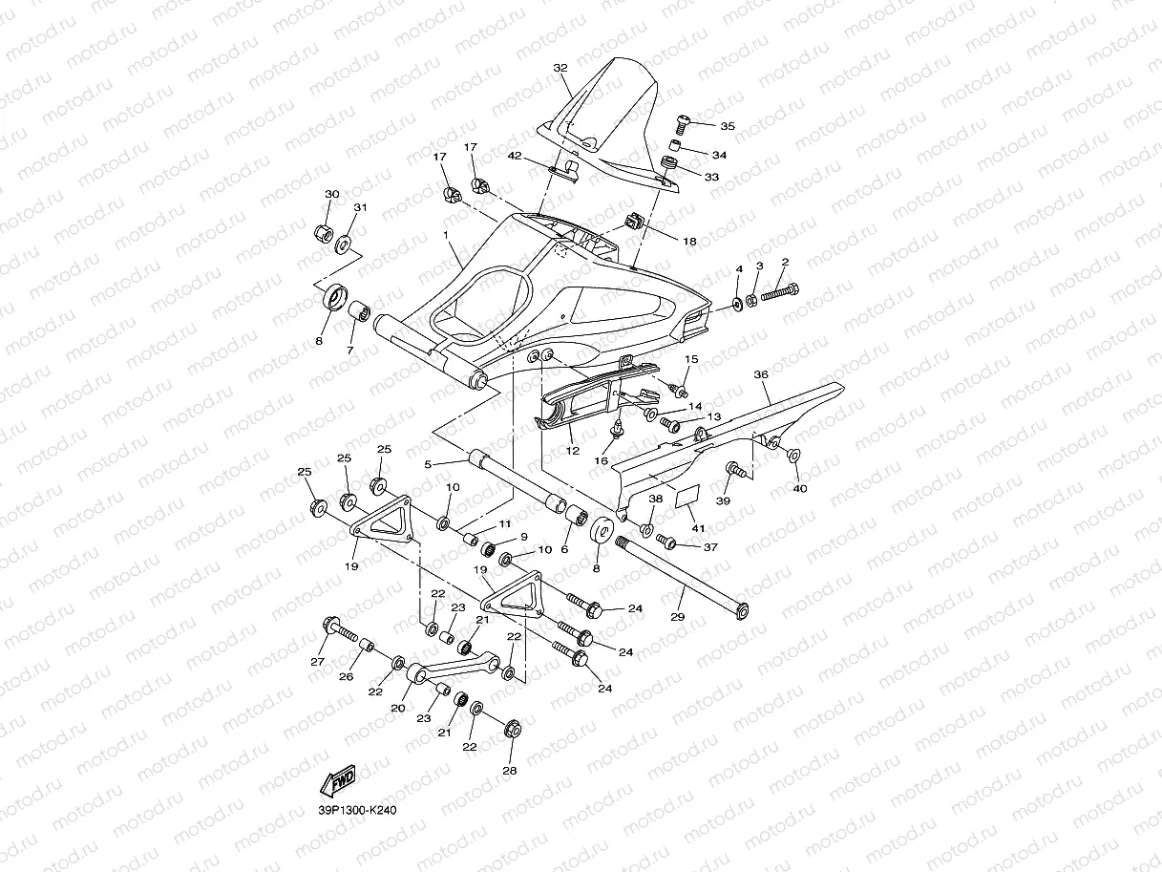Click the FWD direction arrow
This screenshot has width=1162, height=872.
point(338,780)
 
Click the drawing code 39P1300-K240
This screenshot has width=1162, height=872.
point(357,810)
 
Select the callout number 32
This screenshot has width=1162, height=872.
point(560,68)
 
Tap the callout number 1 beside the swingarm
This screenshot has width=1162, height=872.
point(446,234)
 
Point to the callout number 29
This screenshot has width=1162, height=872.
point(678,617)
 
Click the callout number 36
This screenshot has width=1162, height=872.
point(761,374)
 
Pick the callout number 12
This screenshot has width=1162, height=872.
point(572,451)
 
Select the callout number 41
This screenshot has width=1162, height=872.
point(698,528)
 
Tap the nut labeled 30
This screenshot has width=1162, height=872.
point(322,232)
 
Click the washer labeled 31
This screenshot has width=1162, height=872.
point(345,245)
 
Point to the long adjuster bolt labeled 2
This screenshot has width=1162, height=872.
point(780,291)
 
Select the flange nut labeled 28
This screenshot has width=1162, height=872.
point(513,729)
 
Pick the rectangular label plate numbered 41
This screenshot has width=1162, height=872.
point(687,496)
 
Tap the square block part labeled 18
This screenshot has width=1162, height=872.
point(633,221)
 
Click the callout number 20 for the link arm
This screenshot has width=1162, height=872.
point(398,708)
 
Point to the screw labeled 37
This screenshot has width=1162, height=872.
point(666,542)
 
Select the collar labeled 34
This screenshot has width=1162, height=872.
point(674,144)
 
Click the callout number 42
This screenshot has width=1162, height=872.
point(515,156)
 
